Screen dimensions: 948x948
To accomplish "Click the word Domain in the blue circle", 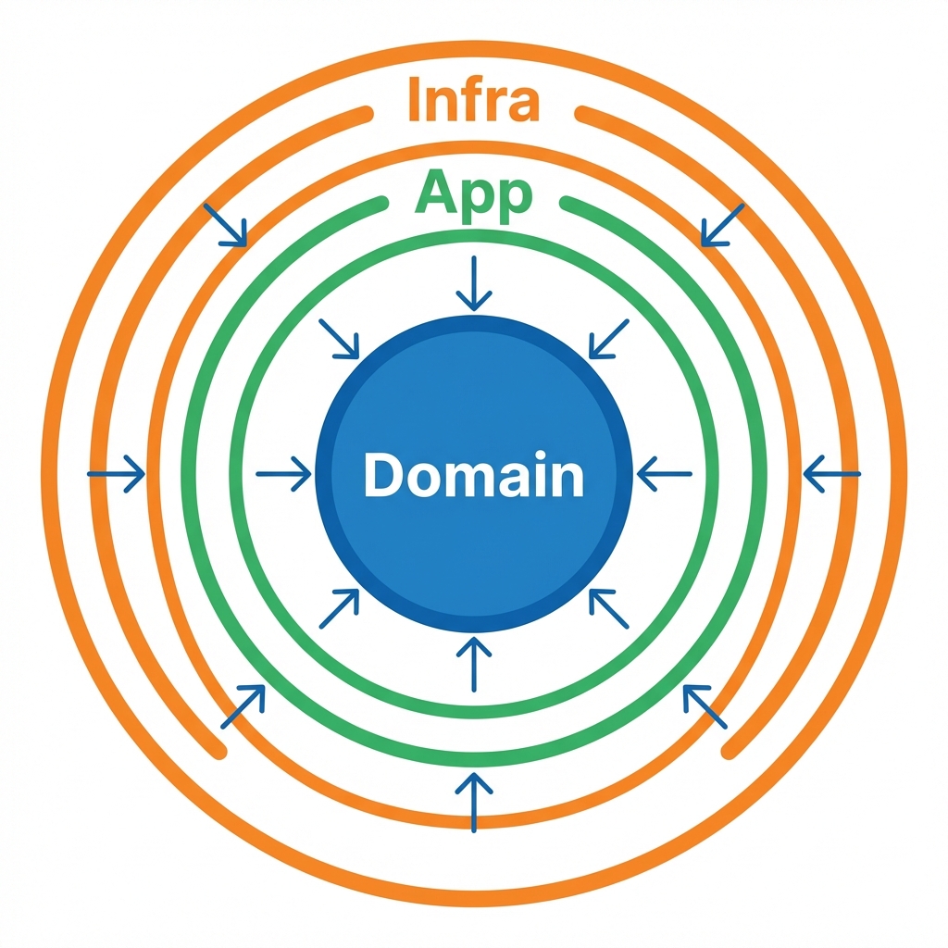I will click(x=473, y=476).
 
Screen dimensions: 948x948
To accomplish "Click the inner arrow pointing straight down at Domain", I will click(x=474, y=283).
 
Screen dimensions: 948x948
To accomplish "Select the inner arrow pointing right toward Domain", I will click(x=283, y=474).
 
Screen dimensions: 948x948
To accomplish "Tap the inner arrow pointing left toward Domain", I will click(x=665, y=474).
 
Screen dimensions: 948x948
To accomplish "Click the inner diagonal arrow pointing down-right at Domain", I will click(x=339, y=339).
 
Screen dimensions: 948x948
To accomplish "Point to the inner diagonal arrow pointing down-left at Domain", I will click(x=609, y=339).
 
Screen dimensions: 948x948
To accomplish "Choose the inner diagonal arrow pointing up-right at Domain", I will click(x=339, y=609).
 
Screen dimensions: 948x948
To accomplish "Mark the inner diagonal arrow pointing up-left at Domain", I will click(x=609, y=609).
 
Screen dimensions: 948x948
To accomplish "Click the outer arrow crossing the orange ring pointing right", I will click(x=117, y=474).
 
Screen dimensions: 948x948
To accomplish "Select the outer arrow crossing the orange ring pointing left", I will click(x=831, y=474).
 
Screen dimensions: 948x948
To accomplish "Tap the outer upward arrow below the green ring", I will click(x=474, y=802).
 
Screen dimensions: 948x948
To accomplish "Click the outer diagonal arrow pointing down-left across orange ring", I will click(x=722, y=225).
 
